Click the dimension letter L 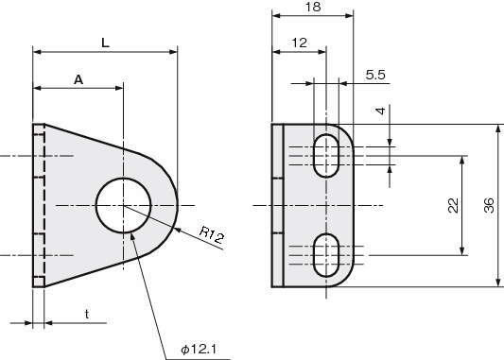(x=105, y=43)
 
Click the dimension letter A (x=78, y=79)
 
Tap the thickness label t (x=87, y=315)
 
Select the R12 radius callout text (x=211, y=234)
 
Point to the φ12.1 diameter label (x=199, y=349)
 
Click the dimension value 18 (x=313, y=7)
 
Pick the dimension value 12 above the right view (x=299, y=43)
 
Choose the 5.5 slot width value (x=375, y=75)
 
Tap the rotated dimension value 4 (x=380, y=111)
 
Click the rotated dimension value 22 (x=453, y=206)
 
